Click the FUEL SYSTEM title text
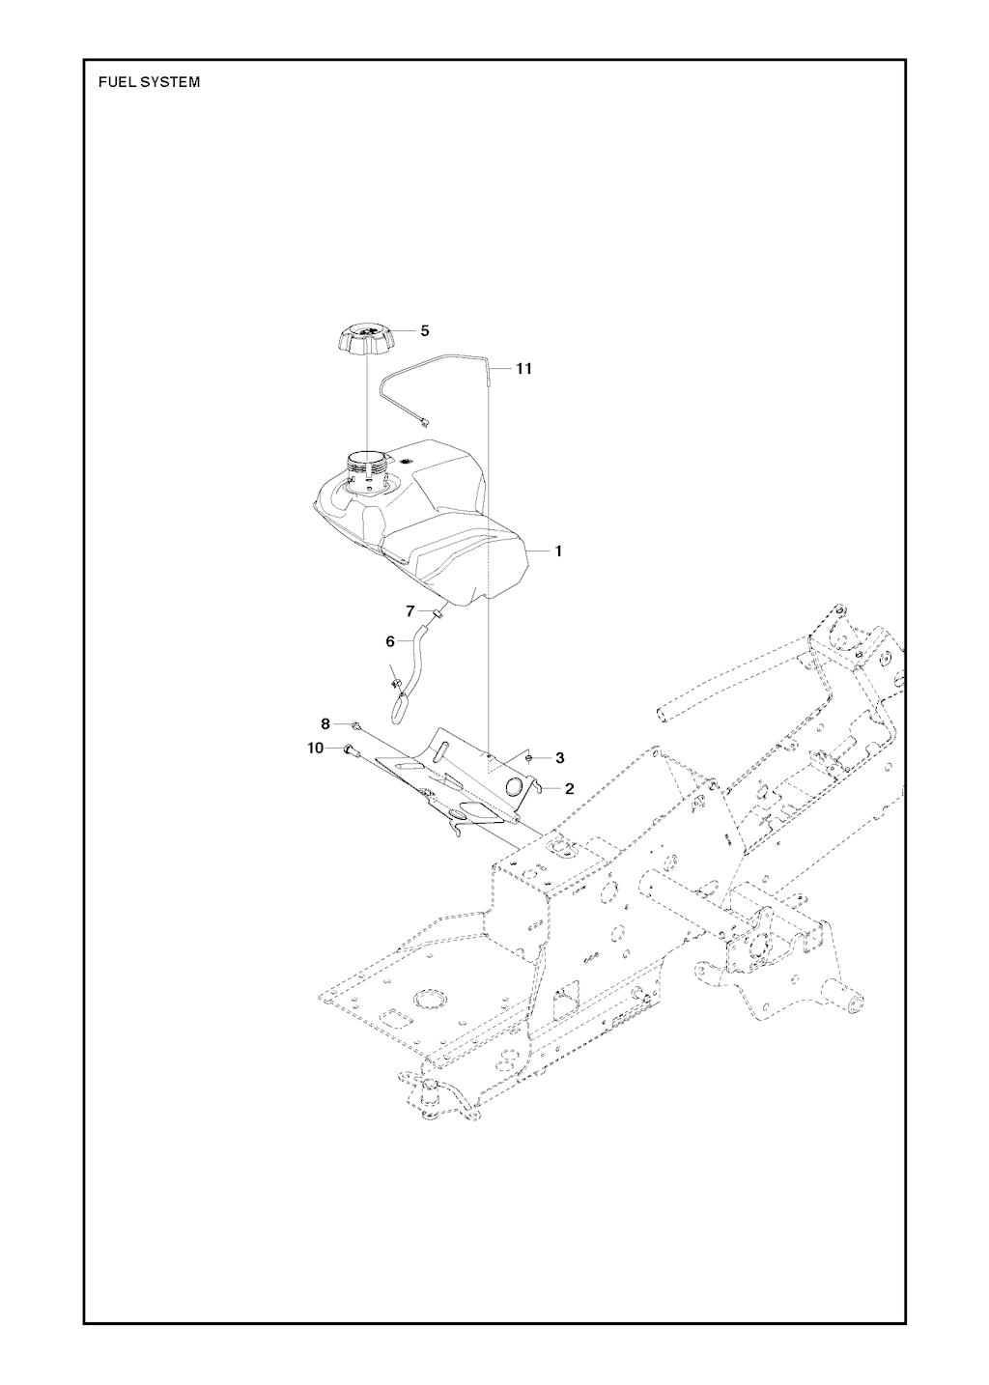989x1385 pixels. (x=150, y=82)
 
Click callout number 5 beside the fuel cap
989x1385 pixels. (x=425, y=330)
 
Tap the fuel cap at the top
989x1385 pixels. (x=366, y=340)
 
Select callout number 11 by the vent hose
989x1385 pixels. (x=523, y=369)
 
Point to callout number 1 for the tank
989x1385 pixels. (x=558, y=551)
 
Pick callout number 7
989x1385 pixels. (x=410, y=611)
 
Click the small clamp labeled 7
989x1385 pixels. (x=437, y=612)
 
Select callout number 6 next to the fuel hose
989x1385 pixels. (x=391, y=640)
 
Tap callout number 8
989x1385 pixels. (x=325, y=723)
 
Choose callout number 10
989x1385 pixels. (x=317, y=749)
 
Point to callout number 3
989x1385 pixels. (x=559, y=758)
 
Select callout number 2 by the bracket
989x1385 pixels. (x=570, y=789)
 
